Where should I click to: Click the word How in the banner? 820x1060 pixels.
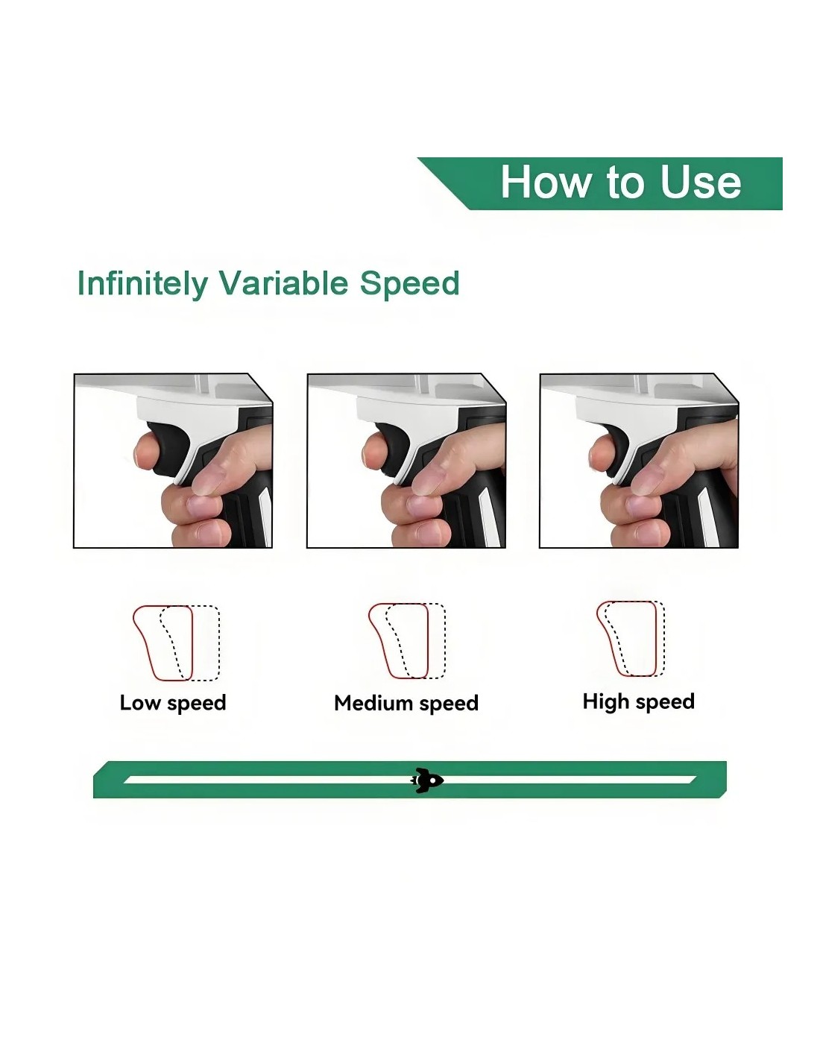(x=545, y=182)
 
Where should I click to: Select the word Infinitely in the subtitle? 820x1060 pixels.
(x=142, y=284)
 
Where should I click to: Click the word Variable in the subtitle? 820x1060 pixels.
(x=283, y=283)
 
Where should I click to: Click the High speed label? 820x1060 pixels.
(x=639, y=702)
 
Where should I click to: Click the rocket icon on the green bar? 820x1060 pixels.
(x=426, y=780)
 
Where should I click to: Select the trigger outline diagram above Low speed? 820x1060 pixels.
(x=177, y=643)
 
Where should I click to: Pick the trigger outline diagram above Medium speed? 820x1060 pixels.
(x=407, y=641)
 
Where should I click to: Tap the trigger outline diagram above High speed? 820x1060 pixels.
(x=631, y=639)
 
